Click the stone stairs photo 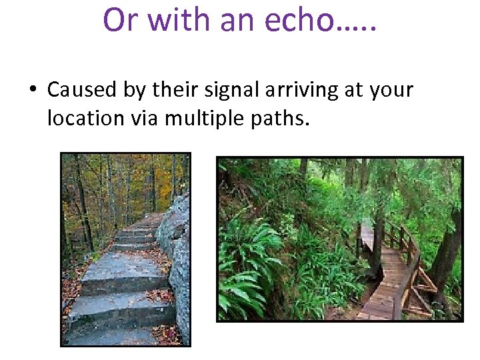(125, 249)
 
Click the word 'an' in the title (235, 21)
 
